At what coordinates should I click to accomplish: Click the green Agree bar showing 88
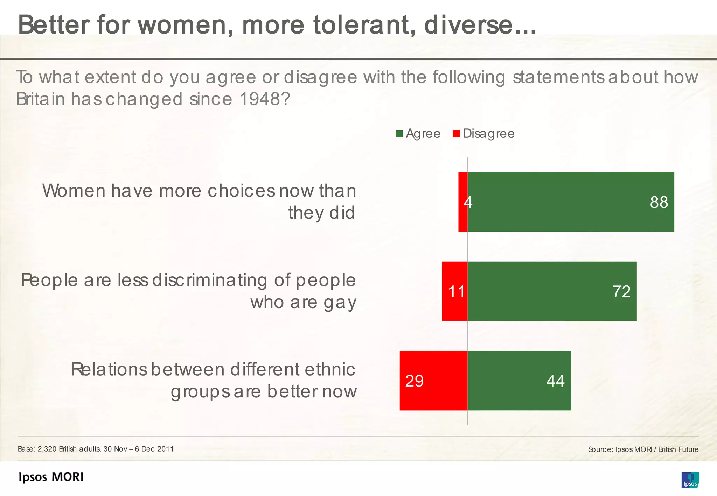[x=571, y=202]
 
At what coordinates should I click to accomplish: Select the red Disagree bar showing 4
[x=463, y=202]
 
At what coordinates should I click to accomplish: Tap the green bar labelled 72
[x=552, y=291]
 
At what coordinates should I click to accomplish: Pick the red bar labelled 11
[x=454, y=291]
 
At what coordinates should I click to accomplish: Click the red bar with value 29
[x=433, y=381]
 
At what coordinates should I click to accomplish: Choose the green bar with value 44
[x=519, y=381]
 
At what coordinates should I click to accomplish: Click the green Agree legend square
[x=399, y=134]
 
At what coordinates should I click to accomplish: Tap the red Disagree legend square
[x=456, y=134]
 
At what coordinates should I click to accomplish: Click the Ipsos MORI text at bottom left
[x=51, y=477]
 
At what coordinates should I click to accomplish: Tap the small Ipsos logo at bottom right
[x=690, y=480]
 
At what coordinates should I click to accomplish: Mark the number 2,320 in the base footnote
[x=47, y=449]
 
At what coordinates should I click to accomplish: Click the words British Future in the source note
[x=678, y=449]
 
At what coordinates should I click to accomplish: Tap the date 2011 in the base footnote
[x=165, y=449]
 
